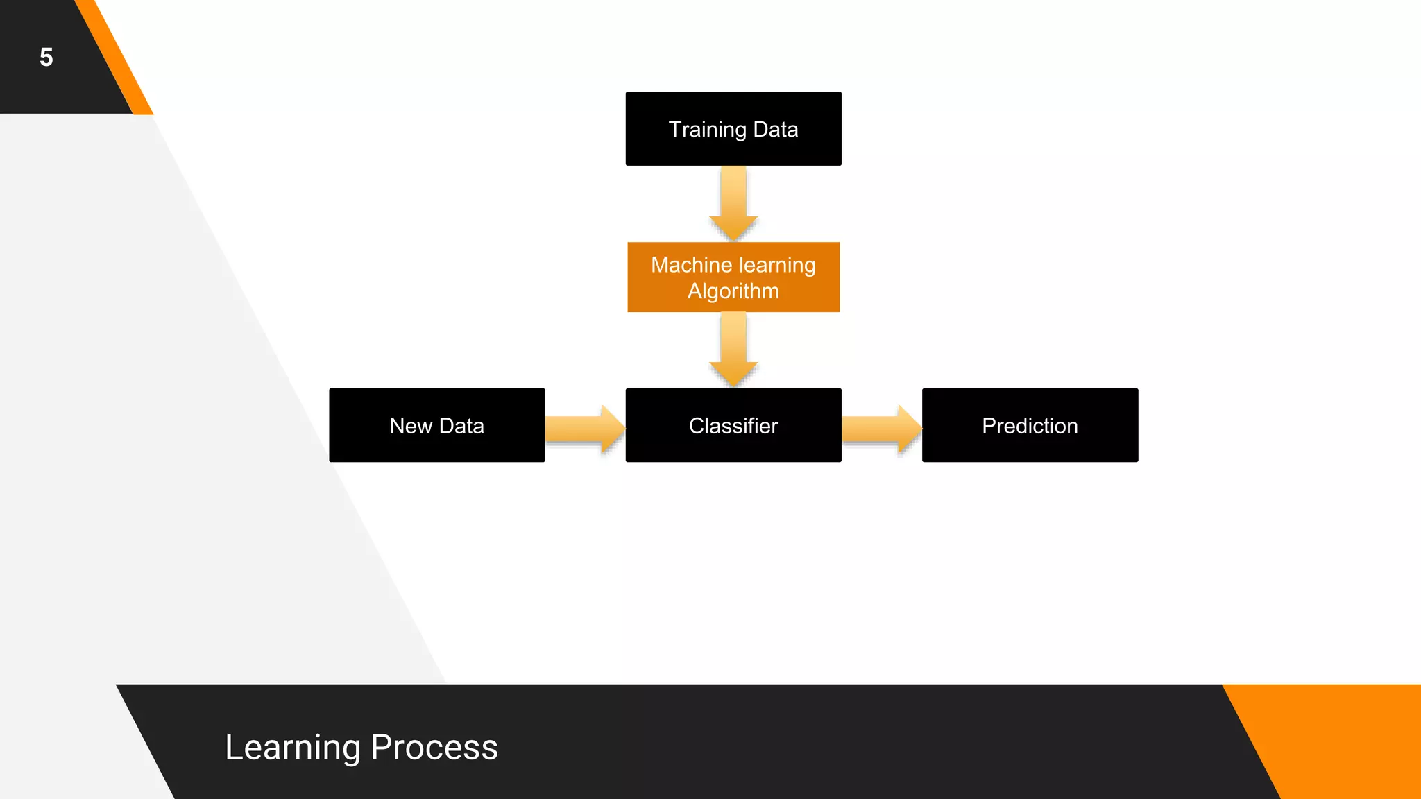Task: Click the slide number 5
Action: tap(46, 58)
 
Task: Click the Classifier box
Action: tap(733, 425)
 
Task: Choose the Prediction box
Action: tap(1030, 425)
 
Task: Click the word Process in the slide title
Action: tap(434, 748)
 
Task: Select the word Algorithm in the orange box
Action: tap(733, 291)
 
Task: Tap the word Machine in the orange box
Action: tap(691, 265)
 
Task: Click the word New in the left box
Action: tap(411, 426)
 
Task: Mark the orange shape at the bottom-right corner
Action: tap(1346, 742)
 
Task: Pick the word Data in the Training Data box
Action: tap(776, 130)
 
